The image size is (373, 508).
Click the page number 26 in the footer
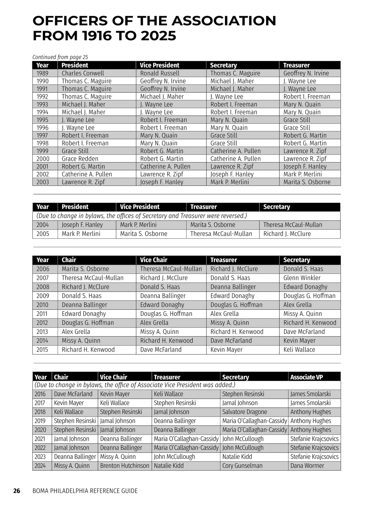[16, 491]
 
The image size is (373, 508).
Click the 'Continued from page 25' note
[60, 57]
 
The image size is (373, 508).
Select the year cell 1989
[42, 73]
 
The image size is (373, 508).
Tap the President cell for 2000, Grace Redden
[80, 159]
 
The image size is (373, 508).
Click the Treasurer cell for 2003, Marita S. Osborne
[307, 182]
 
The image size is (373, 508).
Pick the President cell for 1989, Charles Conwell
[83, 73]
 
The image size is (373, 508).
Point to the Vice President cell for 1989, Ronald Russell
[160, 73]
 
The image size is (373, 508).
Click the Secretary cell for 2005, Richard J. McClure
[287, 234]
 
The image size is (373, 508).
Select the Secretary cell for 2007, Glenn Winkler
[302, 278]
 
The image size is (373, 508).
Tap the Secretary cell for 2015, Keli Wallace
[299, 350]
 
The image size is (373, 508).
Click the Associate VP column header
[306, 377]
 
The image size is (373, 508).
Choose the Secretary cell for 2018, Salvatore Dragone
[245, 412]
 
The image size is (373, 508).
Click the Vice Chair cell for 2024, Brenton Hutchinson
[125, 466]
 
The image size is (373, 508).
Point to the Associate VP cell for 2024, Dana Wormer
[307, 466]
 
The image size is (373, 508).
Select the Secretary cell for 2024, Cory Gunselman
[242, 466]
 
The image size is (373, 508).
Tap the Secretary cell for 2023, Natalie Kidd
[237, 457]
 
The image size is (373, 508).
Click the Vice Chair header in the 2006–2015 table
[154, 260]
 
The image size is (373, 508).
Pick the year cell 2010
[42, 305]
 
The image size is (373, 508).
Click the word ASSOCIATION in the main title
[223, 21]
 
